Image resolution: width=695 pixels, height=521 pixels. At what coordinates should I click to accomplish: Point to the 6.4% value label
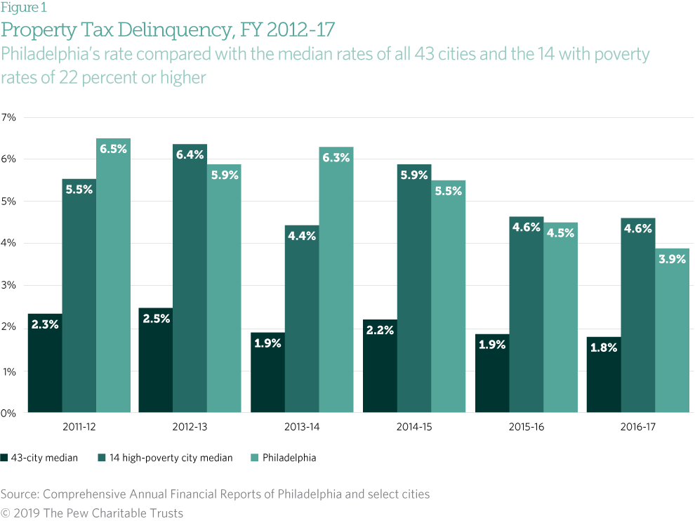pos(190,154)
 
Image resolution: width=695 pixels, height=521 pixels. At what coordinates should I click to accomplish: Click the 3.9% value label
pos(673,258)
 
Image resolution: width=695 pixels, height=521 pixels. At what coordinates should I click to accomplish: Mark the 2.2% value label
pos(380,330)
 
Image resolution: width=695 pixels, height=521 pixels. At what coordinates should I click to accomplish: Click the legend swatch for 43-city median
pos(4,458)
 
